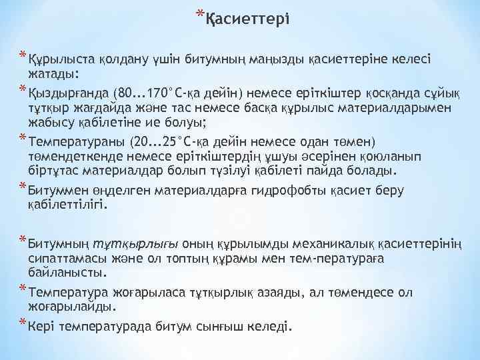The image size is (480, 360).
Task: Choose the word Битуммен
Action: (56, 191)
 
